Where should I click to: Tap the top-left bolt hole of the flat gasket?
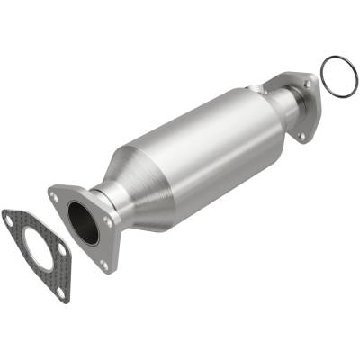[12, 218]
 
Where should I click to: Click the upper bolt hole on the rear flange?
[308, 84]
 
